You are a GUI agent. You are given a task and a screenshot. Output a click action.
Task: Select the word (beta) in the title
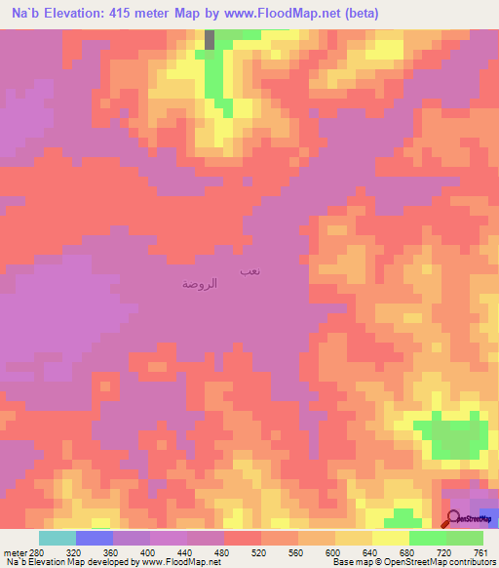click(359, 14)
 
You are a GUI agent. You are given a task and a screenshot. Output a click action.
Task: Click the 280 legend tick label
click(37, 549)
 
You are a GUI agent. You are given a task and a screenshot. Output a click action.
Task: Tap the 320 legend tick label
click(76, 549)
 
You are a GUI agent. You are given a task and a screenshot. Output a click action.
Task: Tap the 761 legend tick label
click(481, 549)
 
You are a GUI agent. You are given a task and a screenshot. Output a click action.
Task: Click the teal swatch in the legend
click(58, 538)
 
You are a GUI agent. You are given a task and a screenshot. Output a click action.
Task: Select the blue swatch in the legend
click(95, 538)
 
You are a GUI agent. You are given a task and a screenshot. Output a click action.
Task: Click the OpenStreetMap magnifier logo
click(454, 521)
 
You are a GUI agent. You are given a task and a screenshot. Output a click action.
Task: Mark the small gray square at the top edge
click(210, 39)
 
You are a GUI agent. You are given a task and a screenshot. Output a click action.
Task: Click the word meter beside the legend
click(14, 549)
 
